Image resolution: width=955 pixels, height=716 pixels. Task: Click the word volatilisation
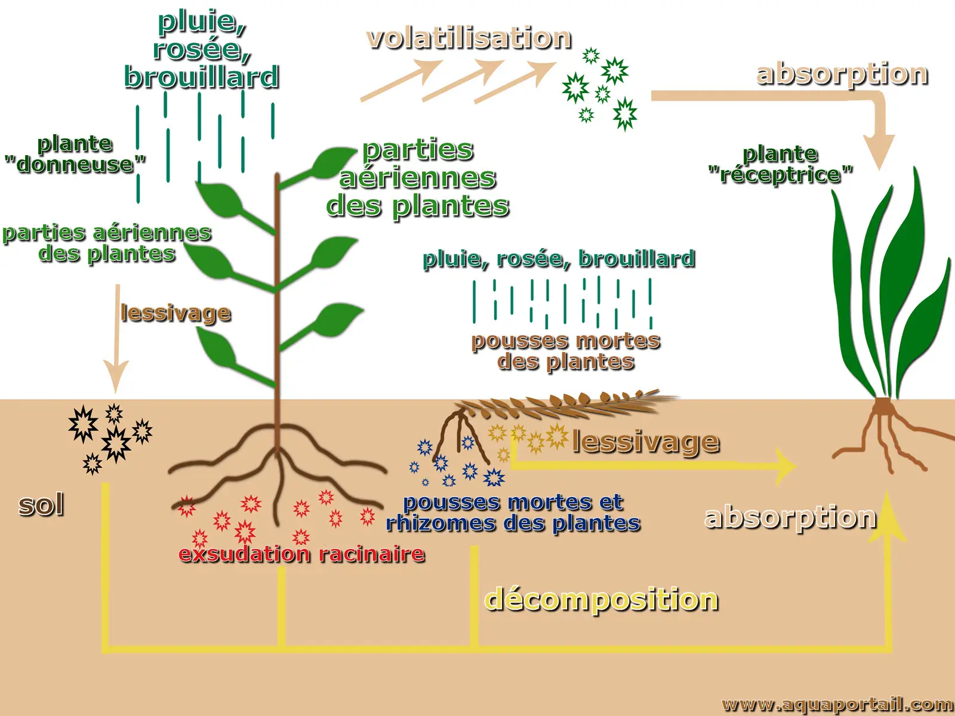[x=469, y=38]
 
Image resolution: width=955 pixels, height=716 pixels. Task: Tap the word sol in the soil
[x=41, y=505]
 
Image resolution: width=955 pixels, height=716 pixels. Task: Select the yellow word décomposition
[x=600, y=599]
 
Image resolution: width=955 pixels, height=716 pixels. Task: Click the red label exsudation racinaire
[x=301, y=554]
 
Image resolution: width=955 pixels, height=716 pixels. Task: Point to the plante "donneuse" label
[x=75, y=154]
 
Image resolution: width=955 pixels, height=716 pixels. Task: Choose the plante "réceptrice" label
[x=780, y=164]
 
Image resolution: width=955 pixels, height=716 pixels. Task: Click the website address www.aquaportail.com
[x=837, y=705]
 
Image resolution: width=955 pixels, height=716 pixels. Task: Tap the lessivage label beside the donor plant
[x=175, y=313]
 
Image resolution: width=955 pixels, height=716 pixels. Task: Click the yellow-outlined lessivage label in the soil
[x=646, y=442]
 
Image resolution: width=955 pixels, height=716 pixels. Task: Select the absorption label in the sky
[x=842, y=74]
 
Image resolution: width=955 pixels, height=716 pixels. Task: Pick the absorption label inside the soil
[x=790, y=517]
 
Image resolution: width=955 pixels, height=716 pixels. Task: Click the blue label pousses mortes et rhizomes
[x=513, y=513]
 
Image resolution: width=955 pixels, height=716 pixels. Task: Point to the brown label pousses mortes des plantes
[x=565, y=351]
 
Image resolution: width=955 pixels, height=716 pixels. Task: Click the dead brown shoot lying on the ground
[x=567, y=405]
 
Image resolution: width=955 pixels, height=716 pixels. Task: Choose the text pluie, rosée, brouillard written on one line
[x=559, y=259]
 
